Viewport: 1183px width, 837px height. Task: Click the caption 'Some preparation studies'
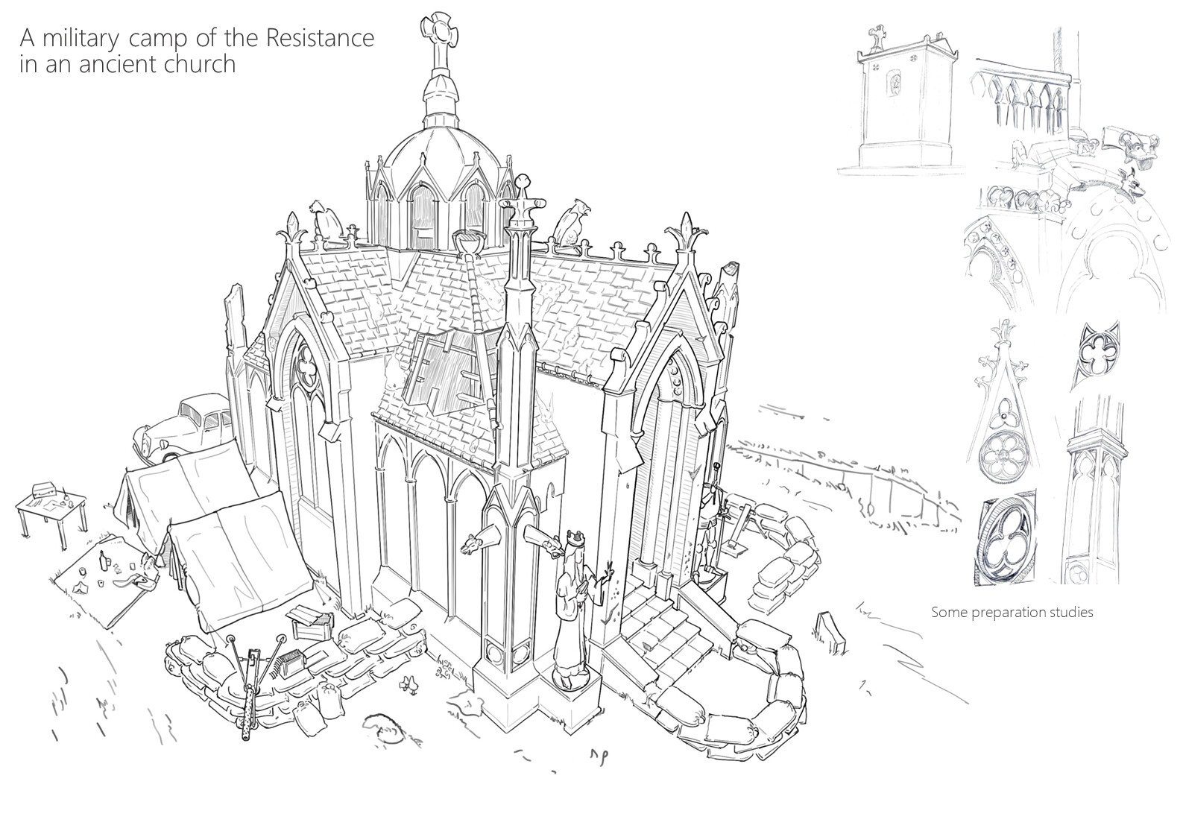pos(1012,613)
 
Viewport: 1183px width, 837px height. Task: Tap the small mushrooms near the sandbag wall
pos(407,681)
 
